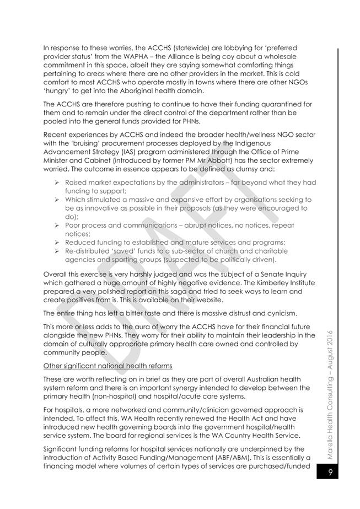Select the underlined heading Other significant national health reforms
coord(108,366)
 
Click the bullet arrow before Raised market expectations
coord(56,182)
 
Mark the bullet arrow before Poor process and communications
coord(56,225)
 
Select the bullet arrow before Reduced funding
coord(56,242)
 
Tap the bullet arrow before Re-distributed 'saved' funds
coord(56,251)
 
